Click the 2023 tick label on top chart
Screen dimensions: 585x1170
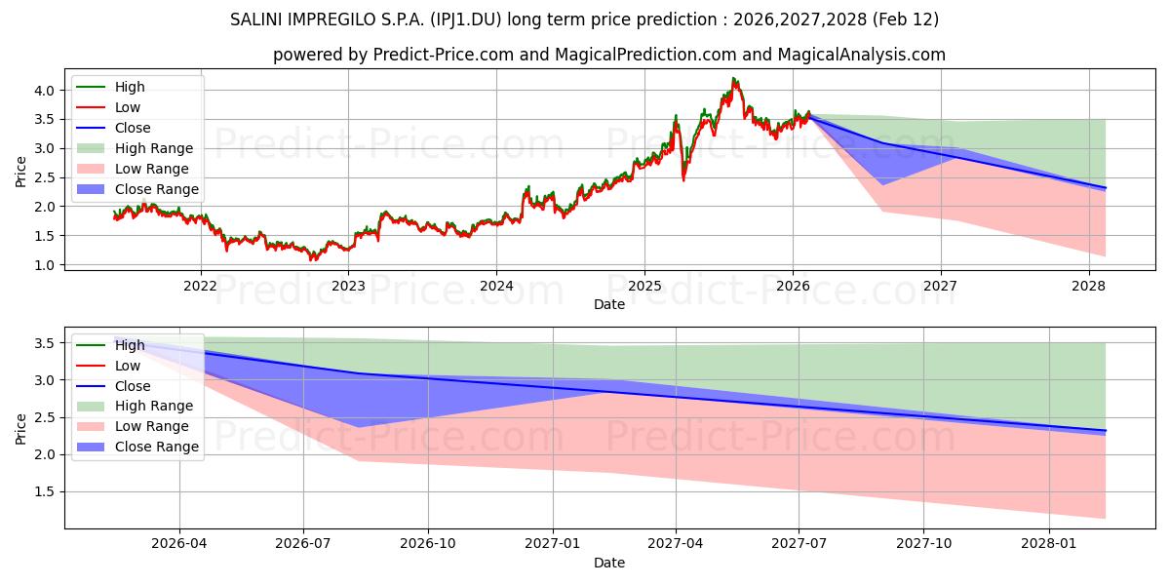click(348, 286)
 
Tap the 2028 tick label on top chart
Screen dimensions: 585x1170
click(1088, 286)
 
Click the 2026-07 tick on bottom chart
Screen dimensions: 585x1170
click(303, 544)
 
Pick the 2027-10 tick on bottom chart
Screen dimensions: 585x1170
click(923, 544)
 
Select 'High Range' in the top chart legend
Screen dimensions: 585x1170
click(154, 148)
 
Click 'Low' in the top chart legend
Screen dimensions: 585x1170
click(128, 107)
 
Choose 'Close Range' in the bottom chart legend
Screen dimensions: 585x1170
click(157, 447)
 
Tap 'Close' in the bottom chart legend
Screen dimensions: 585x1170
click(133, 386)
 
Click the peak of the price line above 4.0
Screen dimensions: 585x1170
click(733, 79)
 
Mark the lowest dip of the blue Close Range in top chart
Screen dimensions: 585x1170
click(883, 184)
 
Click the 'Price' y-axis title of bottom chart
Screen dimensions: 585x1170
click(21, 427)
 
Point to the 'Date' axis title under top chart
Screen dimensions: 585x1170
click(609, 305)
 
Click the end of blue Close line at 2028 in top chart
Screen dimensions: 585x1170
click(1105, 187)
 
